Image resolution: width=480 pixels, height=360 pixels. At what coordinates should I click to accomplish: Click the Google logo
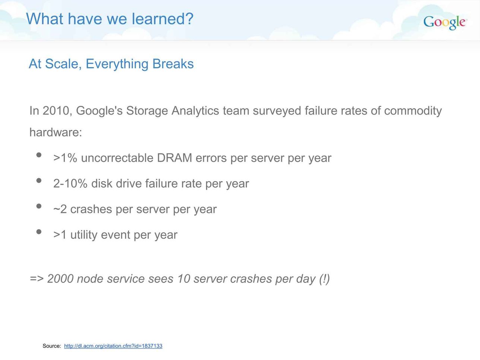445,22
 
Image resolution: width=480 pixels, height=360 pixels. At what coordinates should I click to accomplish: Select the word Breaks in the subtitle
173,64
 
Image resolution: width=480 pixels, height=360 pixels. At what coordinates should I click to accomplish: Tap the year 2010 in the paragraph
56,111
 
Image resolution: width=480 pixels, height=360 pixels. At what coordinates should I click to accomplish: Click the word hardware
55,132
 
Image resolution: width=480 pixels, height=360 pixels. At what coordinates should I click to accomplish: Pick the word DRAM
174,158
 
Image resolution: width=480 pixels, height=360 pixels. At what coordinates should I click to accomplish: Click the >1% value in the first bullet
65,158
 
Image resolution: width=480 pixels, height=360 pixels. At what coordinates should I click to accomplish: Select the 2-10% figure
70,183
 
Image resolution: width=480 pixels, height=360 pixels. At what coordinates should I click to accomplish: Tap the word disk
102,183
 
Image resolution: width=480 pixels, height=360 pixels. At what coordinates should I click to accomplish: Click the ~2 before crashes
60,209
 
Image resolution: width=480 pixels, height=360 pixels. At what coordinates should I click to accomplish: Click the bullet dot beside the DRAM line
39,155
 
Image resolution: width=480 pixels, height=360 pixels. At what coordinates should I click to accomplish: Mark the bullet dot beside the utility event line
39,232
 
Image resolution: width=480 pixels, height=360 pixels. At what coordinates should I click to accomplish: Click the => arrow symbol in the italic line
37,279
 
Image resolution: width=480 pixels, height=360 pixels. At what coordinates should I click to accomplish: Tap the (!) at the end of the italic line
324,279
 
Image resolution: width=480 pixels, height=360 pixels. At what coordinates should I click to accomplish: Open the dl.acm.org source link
113,346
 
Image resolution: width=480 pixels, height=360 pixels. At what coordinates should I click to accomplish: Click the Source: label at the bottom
52,346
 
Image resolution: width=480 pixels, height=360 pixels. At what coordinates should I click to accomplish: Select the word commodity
413,111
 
